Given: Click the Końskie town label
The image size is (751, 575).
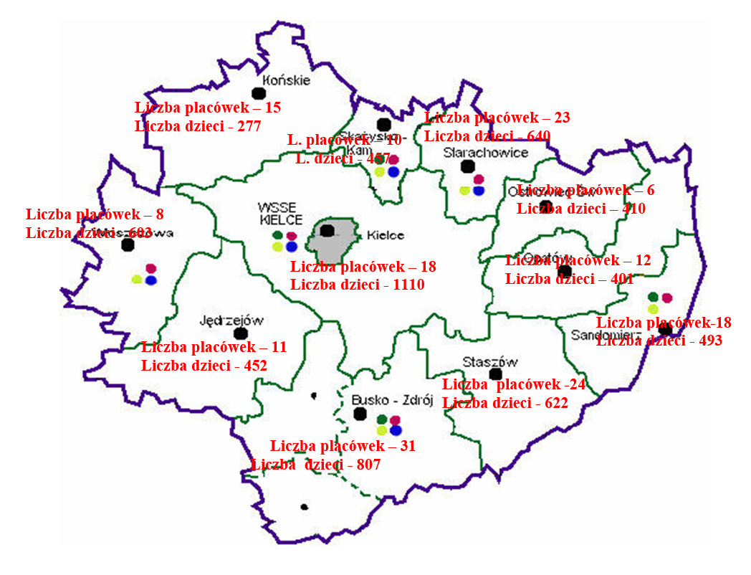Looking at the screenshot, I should pyautogui.click(x=287, y=80).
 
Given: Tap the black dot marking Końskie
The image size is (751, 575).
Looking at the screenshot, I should pyautogui.click(x=258, y=92).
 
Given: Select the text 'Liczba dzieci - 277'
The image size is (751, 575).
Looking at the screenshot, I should pyautogui.click(x=198, y=126).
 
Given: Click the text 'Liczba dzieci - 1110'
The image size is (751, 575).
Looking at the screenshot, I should pyautogui.click(x=358, y=285).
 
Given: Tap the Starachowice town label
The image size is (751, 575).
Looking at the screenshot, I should pyautogui.click(x=485, y=152).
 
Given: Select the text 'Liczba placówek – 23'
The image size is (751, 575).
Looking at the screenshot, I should pyautogui.click(x=497, y=118).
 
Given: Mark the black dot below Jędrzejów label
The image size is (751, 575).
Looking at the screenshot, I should pyautogui.click(x=241, y=333).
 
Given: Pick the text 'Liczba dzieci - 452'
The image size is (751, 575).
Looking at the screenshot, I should pyautogui.click(x=204, y=366).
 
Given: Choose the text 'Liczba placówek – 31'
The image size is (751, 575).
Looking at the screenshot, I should pyautogui.click(x=343, y=446).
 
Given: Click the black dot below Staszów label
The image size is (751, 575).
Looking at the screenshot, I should pyautogui.click(x=494, y=374).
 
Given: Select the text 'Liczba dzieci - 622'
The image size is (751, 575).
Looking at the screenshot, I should pyautogui.click(x=505, y=403).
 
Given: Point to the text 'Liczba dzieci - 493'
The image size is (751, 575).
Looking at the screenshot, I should pyautogui.click(x=659, y=341).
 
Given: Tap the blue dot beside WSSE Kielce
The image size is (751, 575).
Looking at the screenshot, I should pyautogui.click(x=291, y=247).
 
